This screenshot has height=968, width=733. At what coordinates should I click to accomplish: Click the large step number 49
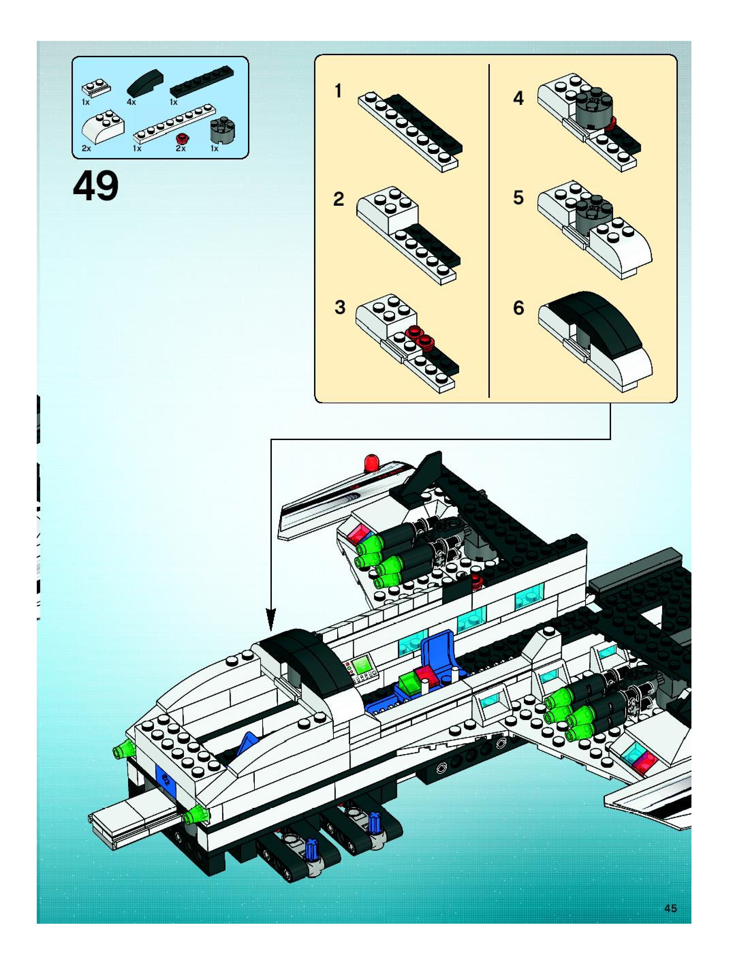click(x=95, y=186)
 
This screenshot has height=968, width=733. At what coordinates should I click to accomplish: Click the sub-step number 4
click(x=518, y=98)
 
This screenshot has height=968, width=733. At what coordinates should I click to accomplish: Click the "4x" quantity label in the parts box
click(x=131, y=102)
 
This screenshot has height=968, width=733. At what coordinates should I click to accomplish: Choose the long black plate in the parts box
click(x=202, y=81)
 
